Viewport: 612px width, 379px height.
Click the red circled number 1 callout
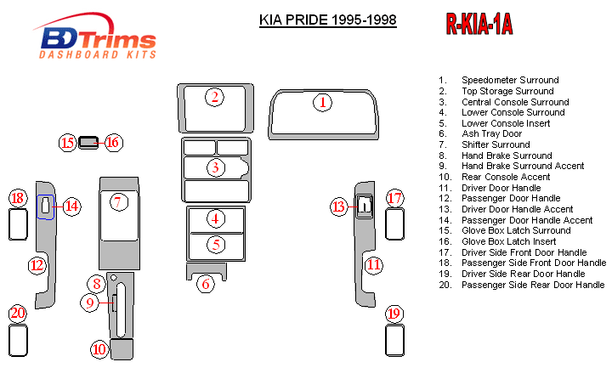pos(322,103)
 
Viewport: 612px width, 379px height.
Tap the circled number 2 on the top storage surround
pos(216,97)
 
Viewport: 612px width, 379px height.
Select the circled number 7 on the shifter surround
pos(119,201)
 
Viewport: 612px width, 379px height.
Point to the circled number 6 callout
pos(205,284)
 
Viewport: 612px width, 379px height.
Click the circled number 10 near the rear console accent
pos(99,348)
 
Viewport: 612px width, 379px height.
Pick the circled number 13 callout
pos(340,206)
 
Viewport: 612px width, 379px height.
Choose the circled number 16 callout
pos(112,142)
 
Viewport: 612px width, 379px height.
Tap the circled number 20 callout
pos(18,314)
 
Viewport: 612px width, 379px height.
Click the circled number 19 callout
pos(393,314)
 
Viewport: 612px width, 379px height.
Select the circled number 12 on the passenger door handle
pos(37,265)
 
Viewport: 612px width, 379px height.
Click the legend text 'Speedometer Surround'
pos(510,80)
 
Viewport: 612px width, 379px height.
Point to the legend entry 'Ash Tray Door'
pos(491,134)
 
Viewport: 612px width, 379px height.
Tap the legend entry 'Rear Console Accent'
pos(506,178)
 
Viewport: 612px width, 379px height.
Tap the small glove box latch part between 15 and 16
pos(88,142)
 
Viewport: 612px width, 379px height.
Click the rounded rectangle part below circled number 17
pos(393,224)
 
